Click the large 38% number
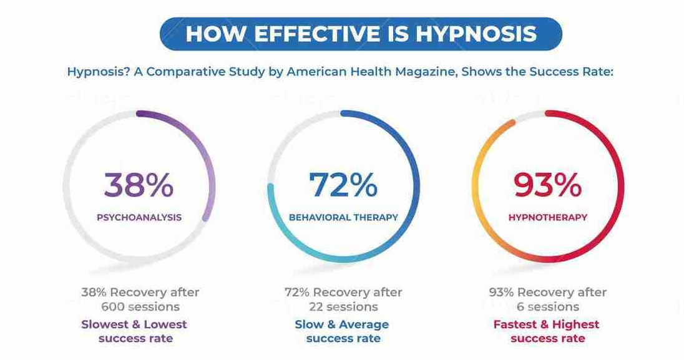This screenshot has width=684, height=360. pos(139,185)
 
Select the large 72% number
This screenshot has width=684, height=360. pos(343,185)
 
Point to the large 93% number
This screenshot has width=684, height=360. pos(547,185)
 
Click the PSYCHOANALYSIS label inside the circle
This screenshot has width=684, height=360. pos(139,218)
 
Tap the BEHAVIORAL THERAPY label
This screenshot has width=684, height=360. pos(343,218)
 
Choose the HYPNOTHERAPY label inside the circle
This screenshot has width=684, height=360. pos(547,218)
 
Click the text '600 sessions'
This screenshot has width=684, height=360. pos(140,307)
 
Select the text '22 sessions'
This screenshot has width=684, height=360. pos(343,307)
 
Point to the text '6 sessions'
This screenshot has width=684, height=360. pos(547,307)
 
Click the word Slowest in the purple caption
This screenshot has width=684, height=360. pos(105,324)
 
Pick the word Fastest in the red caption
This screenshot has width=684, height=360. pos(517,324)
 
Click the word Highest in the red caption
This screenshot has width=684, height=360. pos(574,324)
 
